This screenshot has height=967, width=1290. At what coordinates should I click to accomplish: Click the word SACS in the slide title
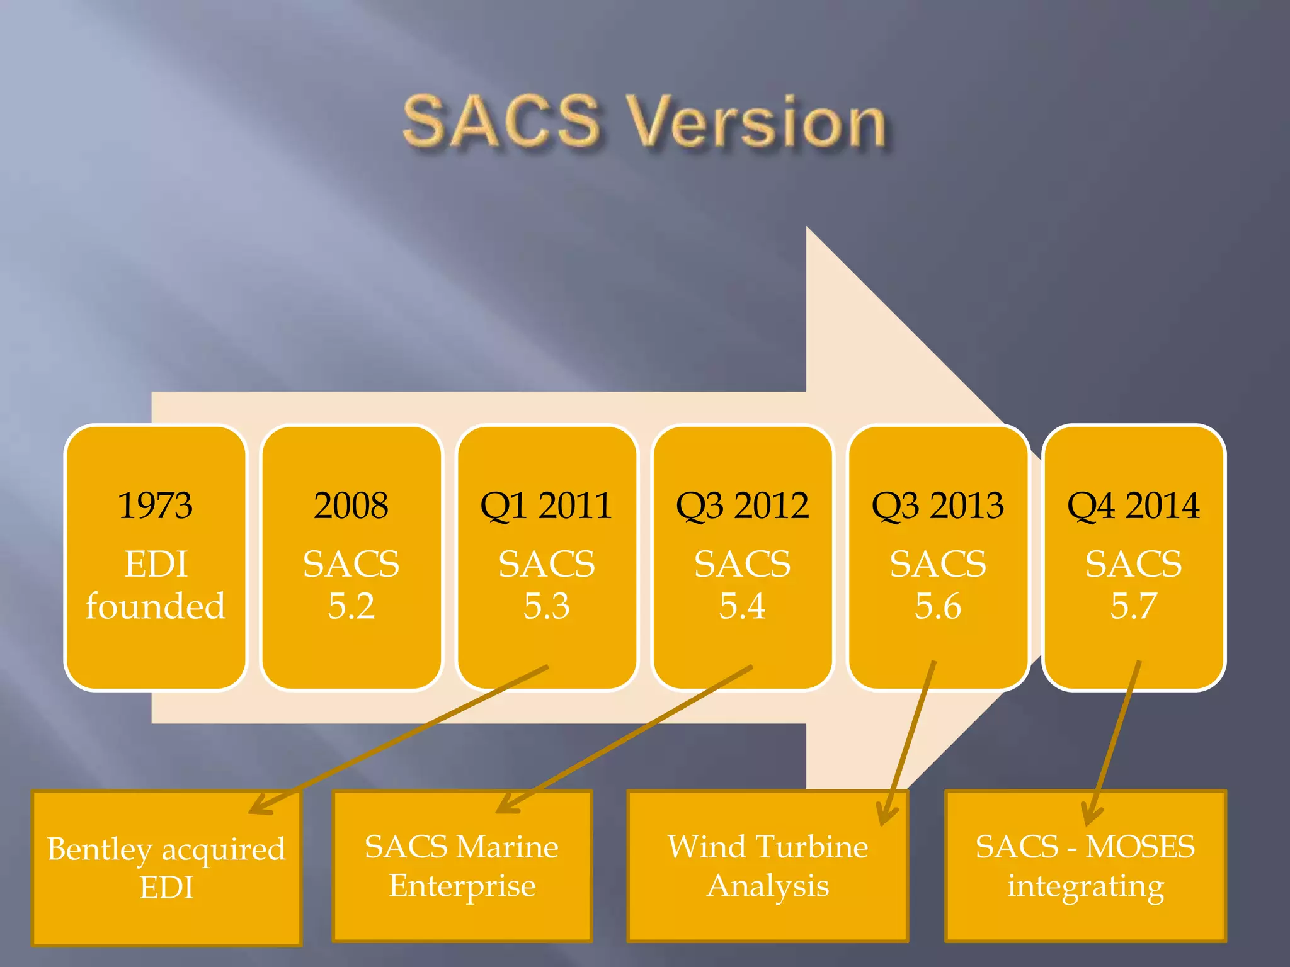(501, 121)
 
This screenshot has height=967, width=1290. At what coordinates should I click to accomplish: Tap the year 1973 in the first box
(155, 506)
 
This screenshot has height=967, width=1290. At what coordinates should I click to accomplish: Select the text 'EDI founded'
(155, 585)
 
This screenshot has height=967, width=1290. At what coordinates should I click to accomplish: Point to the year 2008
(351, 506)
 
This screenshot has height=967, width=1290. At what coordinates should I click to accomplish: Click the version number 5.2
(351, 606)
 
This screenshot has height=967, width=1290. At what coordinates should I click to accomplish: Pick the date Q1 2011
(546, 506)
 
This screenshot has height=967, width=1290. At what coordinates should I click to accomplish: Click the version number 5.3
(546, 606)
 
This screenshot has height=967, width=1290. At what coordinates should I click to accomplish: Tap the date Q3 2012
(742, 506)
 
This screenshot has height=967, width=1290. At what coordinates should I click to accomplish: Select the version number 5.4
(742, 606)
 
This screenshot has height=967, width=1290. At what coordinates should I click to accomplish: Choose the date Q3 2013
(937, 506)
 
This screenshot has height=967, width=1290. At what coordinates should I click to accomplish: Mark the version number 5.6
(937, 606)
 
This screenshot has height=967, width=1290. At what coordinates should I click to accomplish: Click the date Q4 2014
(1133, 506)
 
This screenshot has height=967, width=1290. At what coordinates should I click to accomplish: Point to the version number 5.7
(1133, 606)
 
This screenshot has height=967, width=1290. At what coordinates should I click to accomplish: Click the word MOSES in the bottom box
(1140, 847)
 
